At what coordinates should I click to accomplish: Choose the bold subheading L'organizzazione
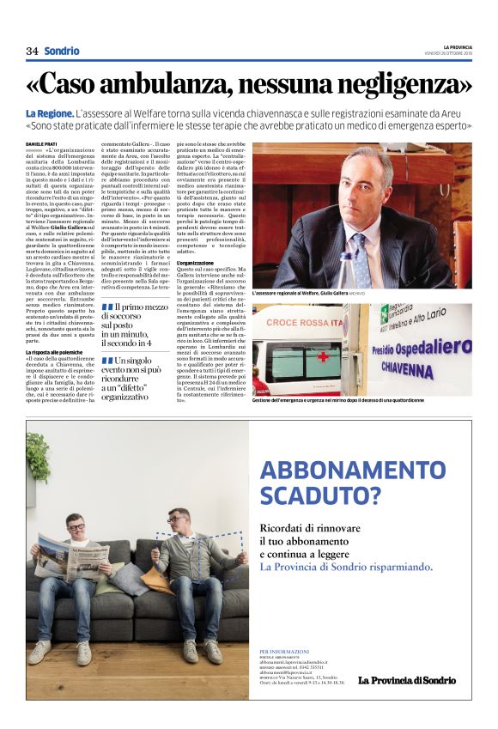195,263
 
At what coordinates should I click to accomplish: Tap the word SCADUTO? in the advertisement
319,495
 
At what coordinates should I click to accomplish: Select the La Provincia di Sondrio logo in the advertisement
408,681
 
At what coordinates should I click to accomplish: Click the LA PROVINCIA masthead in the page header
458,46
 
